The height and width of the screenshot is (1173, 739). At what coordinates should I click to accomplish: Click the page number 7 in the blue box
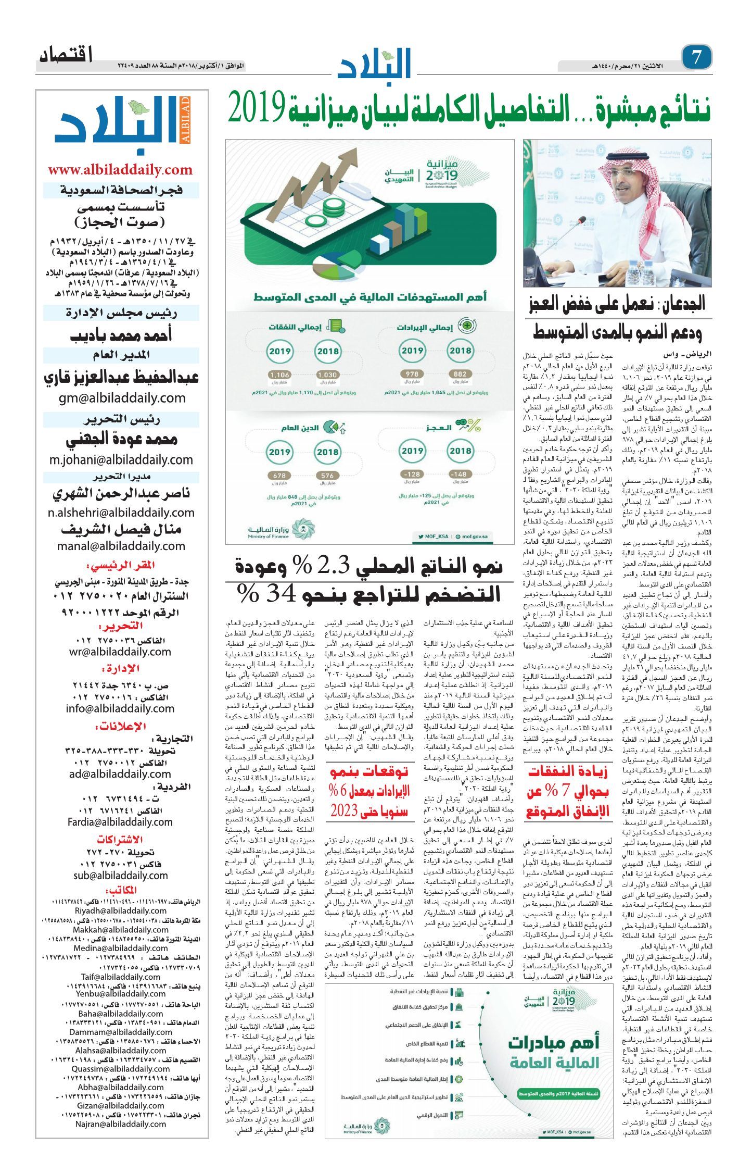[696, 57]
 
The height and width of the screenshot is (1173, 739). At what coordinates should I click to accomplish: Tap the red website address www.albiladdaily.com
[120, 170]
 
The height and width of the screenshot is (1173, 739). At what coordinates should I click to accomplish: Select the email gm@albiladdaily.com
[122, 398]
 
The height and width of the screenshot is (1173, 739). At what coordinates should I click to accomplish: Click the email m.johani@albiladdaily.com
[121, 460]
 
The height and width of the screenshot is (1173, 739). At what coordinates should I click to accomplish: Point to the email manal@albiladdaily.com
[121, 546]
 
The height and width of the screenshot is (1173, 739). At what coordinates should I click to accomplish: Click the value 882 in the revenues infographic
[460, 373]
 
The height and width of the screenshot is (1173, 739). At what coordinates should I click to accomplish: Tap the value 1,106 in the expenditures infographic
[279, 375]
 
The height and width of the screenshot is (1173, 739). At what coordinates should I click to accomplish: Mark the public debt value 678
[279, 475]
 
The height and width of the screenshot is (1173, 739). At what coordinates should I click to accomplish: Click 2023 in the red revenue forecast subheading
[345, 811]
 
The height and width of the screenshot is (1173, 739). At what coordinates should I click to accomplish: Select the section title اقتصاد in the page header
[66, 55]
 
